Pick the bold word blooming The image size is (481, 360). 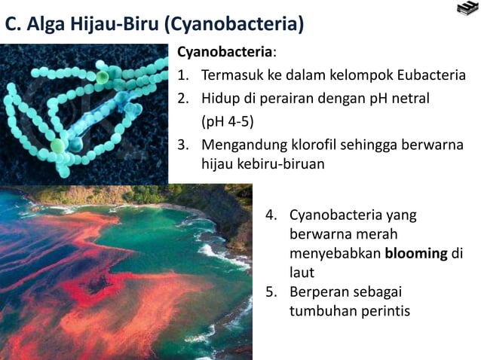click(x=416, y=254)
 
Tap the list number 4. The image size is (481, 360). click(x=272, y=215)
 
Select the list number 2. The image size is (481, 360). click(x=182, y=99)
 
